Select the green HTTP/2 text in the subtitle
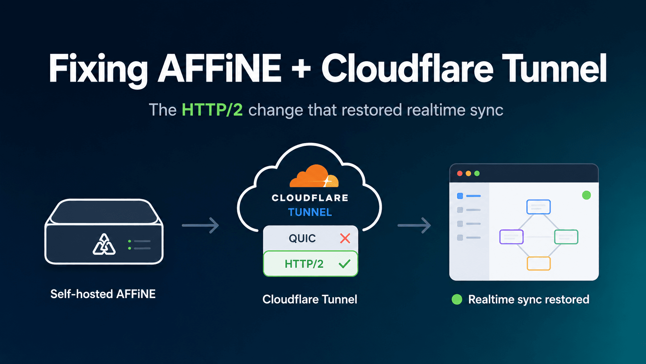coord(212,110)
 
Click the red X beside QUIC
coord(345,238)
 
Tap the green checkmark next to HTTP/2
coord(344,264)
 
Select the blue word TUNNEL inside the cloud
coord(310,212)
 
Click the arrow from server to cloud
coord(201,225)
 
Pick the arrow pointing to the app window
coord(415,225)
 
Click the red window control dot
coord(460,173)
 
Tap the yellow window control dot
coord(468,173)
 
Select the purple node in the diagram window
coord(511,237)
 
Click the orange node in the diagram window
coord(539,263)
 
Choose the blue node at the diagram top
coord(539,207)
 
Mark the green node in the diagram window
coord(566,237)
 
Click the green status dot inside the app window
coord(586,195)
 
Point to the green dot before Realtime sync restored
coord(457,299)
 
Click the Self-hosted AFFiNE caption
coord(103,294)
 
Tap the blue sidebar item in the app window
coord(469,196)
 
